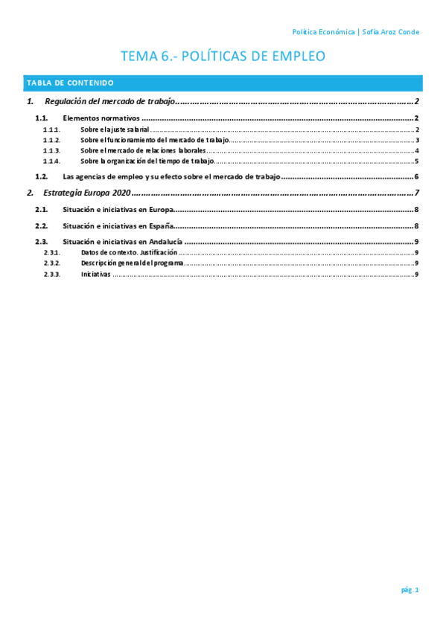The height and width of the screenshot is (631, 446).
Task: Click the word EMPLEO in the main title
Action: coord(299,57)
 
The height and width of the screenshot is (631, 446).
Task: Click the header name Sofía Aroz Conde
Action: coord(390,32)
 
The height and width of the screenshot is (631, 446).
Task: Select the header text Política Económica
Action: coord(323,32)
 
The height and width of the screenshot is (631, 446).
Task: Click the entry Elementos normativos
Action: coord(101,118)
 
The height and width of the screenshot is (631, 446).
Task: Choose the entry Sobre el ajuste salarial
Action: coord(115,129)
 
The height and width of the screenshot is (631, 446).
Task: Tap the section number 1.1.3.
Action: coord(51,150)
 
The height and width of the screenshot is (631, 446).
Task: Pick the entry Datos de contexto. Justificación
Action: coord(129,253)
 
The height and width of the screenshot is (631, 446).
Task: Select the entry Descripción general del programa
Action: coord(132,263)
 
